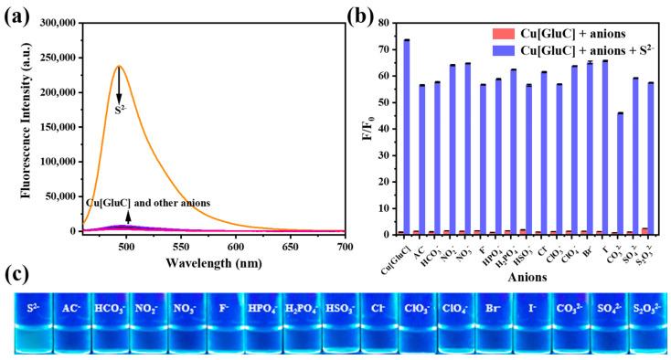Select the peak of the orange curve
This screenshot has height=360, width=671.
click(119, 66)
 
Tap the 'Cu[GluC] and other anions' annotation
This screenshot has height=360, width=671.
click(146, 202)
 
